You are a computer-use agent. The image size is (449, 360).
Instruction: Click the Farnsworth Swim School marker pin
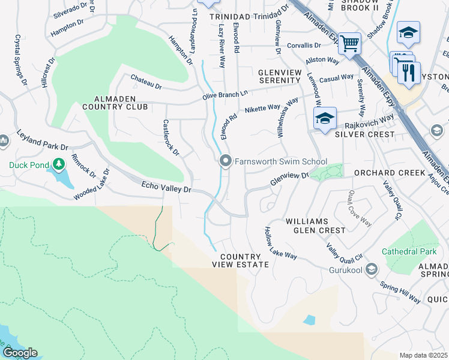click(226, 161)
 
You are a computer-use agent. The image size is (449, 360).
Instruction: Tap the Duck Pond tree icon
click(58, 164)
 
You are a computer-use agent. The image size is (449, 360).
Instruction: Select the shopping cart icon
click(349, 43)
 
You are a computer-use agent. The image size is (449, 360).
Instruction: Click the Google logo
click(20, 353)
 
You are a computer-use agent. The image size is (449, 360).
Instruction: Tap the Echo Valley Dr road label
click(166, 188)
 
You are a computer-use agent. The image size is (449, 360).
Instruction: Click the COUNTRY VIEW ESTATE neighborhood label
click(240, 260)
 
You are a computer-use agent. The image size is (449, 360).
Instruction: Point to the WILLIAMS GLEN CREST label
click(315, 226)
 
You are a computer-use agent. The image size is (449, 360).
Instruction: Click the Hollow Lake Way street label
click(281, 243)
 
